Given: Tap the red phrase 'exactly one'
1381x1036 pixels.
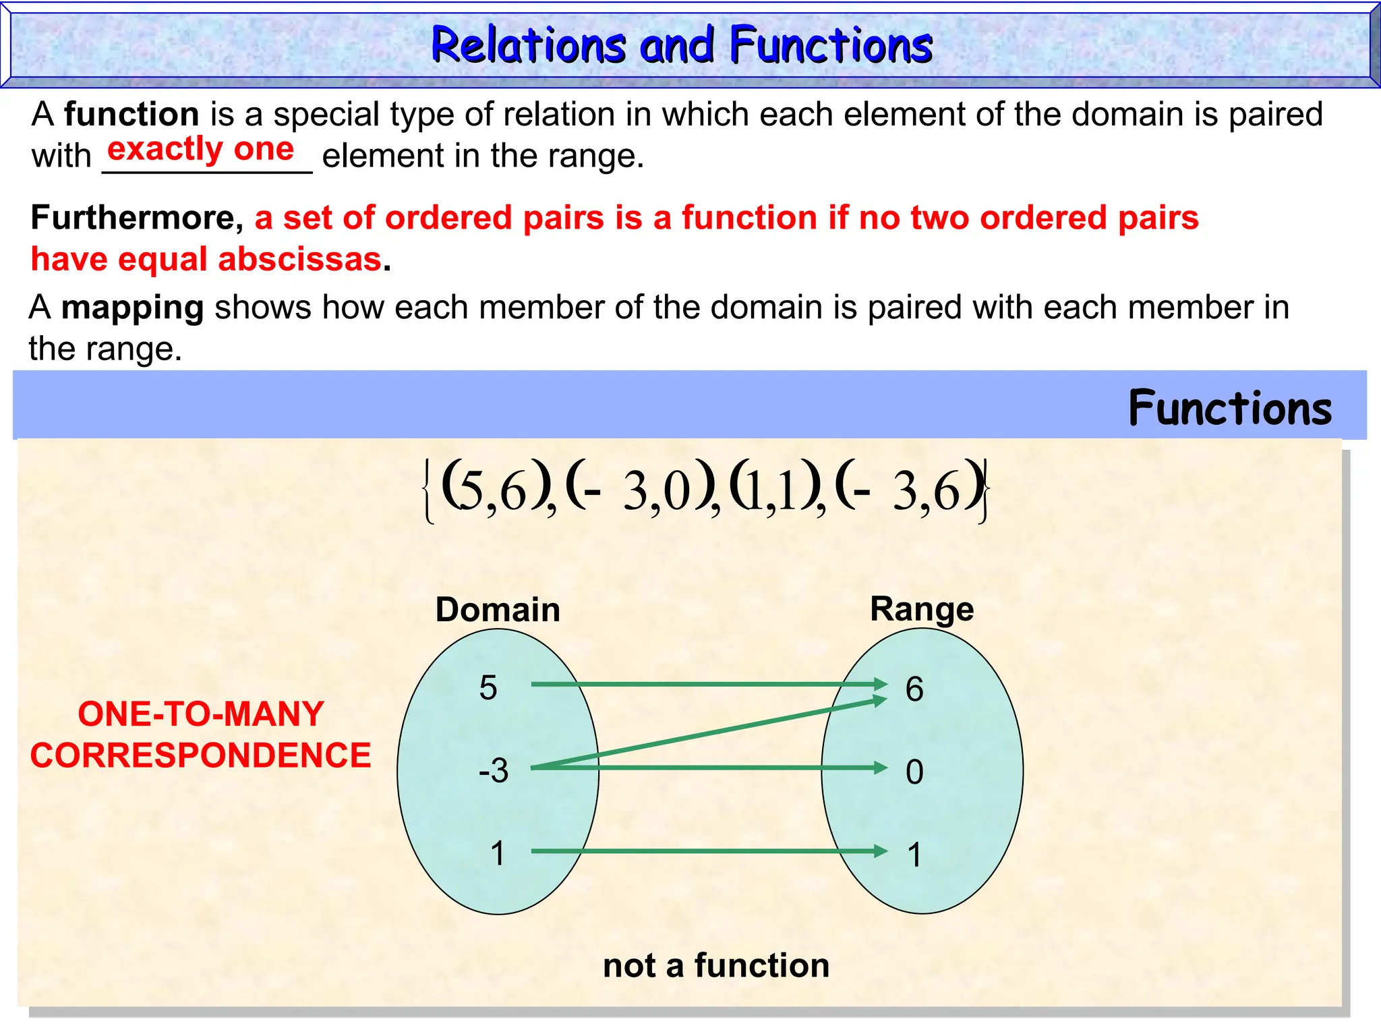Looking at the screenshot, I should [200, 149].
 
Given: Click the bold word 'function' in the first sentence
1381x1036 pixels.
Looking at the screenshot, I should [131, 114].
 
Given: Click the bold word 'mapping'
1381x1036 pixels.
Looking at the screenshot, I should [132, 308].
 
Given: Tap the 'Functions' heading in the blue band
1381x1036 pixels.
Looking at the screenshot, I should [1230, 408].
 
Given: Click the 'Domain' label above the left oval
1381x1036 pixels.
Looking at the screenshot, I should [498, 610].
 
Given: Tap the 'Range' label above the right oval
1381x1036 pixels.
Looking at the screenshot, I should [922, 609].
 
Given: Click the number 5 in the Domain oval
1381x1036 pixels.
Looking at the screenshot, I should [488, 688].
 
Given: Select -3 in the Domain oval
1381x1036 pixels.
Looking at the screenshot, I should [493, 770].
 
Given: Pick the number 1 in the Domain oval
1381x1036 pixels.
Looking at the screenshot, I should [498, 853].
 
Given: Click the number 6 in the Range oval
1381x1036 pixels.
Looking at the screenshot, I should [914, 689].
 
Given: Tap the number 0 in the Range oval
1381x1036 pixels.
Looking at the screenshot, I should [914, 772].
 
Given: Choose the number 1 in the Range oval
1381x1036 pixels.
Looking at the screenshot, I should [914, 855].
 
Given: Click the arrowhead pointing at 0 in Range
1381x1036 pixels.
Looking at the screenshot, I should [880, 768].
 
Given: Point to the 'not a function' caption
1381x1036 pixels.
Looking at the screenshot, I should [716, 965].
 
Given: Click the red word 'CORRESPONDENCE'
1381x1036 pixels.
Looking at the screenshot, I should [201, 755].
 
